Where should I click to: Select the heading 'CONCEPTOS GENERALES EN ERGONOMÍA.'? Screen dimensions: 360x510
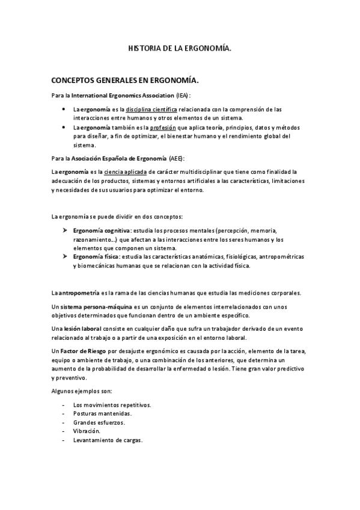pos(125,80)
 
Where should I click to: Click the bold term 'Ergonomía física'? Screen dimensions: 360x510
pos(96,257)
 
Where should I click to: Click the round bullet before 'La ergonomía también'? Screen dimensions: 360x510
pos(64,128)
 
